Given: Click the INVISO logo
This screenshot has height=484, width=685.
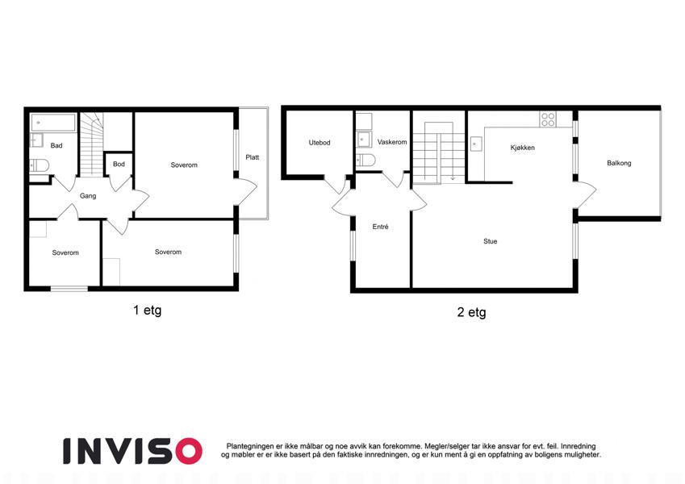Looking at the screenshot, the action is coord(132,451).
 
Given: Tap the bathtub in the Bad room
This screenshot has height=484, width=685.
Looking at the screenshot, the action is coord(53,123).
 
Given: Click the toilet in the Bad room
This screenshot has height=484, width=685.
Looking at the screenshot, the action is coord(40,165).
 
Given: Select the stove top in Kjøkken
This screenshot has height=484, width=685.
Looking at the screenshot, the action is coord(548,119).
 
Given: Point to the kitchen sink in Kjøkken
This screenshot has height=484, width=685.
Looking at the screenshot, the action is coord(476,144).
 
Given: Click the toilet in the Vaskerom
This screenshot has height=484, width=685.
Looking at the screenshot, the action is coord(365,160).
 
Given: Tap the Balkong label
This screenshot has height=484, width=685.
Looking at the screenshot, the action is coord(619,163).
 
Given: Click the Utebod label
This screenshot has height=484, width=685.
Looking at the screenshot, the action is coord(320,143).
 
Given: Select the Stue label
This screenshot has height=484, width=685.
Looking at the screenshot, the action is coord(491,241).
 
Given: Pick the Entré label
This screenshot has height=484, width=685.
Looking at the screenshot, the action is coord(380,227).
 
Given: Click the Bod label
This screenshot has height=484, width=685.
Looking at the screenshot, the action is coord(119,165).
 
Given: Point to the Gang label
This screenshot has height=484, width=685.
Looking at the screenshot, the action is coord(88,196).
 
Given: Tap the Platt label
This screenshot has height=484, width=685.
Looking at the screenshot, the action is coord(252,157).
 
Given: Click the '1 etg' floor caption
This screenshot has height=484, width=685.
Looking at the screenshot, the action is coord(147,311).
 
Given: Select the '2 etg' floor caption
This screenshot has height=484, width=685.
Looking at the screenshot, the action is coord(471,312).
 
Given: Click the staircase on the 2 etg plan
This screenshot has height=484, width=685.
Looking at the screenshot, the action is coord(439,152).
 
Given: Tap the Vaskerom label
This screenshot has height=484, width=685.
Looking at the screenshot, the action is coord(392,142).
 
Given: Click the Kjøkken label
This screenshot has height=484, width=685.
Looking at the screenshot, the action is coord(523,148).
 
